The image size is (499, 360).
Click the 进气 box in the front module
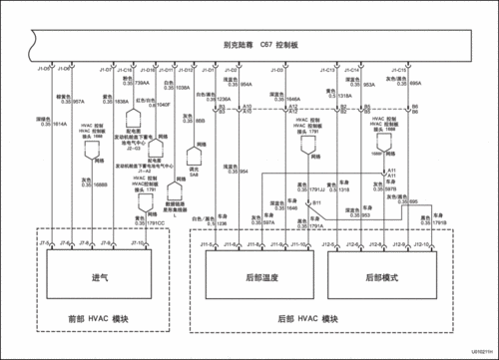pyautogui.click(x=98, y=278)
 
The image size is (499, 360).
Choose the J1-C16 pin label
pyautogui.click(x=125, y=70)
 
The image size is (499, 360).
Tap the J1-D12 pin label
pyautogui.click(x=185, y=70)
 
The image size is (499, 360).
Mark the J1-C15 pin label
pyautogui.click(x=397, y=70)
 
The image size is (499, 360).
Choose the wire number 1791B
pyautogui.click(x=439, y=222)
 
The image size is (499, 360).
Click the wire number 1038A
pyautogui.click(x=182, y=88)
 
